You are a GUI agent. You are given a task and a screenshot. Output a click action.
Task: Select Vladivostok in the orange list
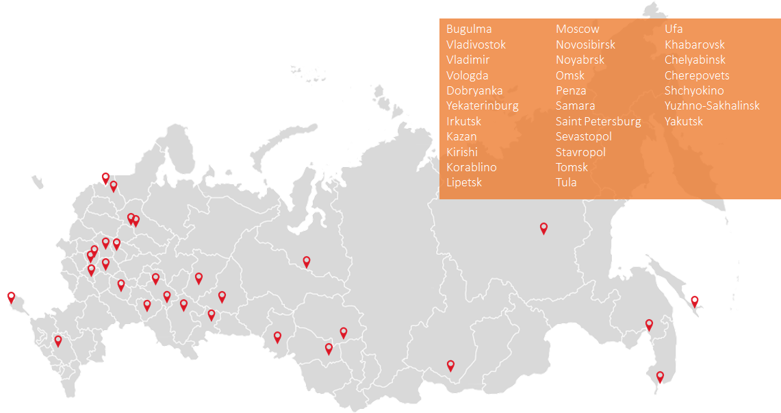[476, 45]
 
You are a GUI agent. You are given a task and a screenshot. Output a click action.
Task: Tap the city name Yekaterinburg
[482, 105]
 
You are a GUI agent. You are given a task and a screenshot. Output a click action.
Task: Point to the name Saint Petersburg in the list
[598, 121]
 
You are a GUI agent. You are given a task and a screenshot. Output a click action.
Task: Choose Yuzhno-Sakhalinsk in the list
[712, 105]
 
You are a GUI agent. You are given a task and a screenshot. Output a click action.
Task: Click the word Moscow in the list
[577, 29]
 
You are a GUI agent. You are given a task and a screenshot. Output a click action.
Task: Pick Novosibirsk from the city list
[585, 45]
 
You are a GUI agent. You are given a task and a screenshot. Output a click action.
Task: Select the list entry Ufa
[674, 29]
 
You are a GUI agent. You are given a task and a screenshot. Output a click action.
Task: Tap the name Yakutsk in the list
[683, 121]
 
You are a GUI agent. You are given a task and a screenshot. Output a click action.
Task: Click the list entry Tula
[566, 182]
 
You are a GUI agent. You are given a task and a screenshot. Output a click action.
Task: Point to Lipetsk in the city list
[464, 182]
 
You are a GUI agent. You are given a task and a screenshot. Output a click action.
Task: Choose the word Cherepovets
[697, 75]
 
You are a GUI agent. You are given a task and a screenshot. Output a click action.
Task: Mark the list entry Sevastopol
[583, 136]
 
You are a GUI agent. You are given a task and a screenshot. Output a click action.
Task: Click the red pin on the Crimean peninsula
[11, 297]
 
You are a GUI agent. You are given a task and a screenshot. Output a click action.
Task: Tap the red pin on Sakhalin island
[694, 300]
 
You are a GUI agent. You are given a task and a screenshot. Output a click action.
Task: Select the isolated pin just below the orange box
[543, 227]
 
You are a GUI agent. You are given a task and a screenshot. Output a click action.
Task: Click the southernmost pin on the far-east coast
[660, 375]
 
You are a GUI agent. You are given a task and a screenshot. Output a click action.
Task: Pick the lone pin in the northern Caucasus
[58, 339]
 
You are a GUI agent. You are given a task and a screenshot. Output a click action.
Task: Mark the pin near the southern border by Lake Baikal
[450, 364]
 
